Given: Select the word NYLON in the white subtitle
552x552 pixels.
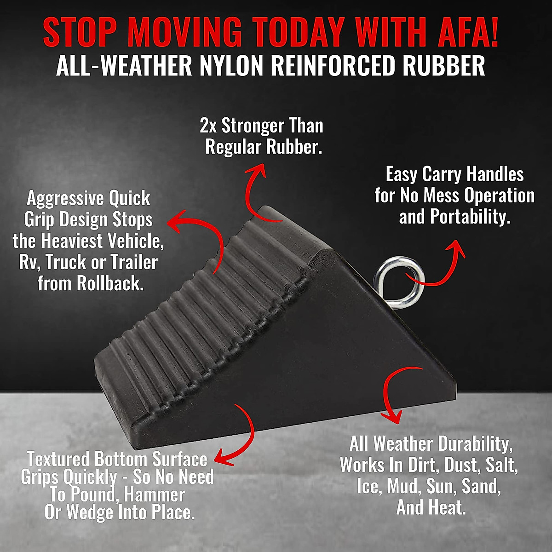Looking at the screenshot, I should tap(232, 66).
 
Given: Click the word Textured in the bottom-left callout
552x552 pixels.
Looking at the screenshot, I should tap(57, 460).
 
